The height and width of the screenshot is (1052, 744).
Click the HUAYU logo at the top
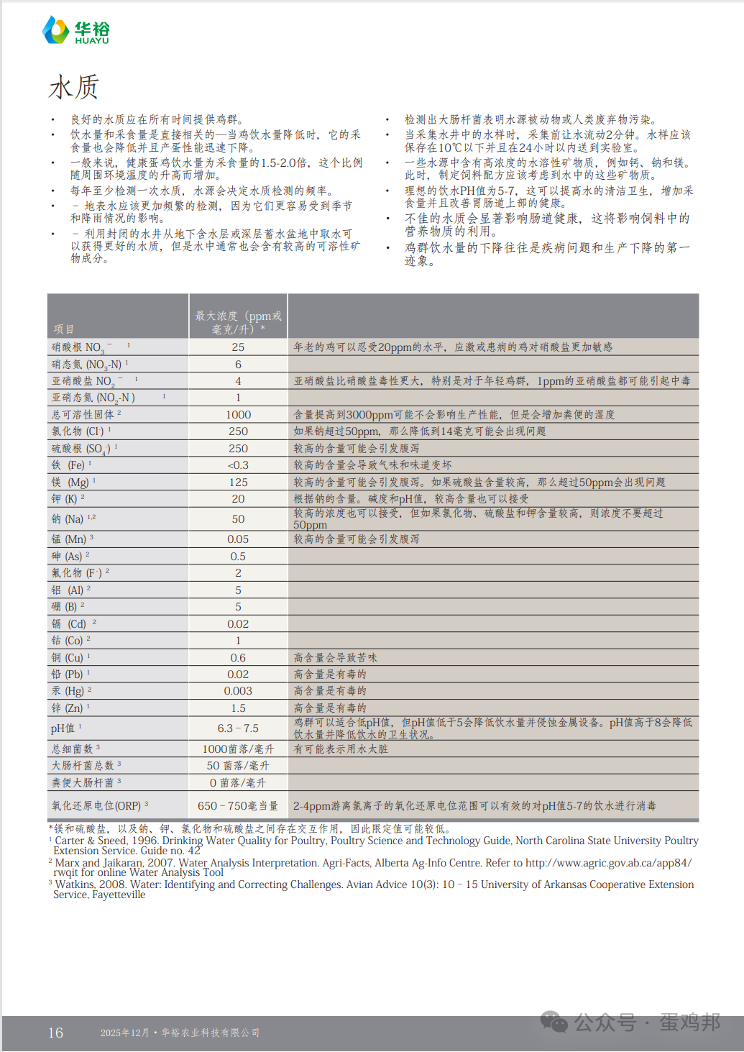coord(75,31)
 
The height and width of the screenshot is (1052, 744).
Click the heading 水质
coord(73,88)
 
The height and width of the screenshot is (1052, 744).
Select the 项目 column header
coord(63,329)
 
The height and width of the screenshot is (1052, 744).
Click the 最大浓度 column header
coord(238,322)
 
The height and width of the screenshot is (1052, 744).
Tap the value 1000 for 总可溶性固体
coord(238,415)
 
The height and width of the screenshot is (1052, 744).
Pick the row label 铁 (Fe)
coord(68,465)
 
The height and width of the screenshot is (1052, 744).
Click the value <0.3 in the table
coord(238,465)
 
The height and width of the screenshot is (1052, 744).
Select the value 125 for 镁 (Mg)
coord(238,482)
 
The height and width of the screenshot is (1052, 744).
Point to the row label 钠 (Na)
coord(68,518)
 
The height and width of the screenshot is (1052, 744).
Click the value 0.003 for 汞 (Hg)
coord(238,691)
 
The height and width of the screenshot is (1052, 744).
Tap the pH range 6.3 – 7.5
coord(238,728)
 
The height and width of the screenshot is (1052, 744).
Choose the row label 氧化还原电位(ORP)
coord(96,806)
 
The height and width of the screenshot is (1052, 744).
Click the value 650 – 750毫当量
coord(238,806)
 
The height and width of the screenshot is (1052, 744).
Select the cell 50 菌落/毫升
coord(238,766)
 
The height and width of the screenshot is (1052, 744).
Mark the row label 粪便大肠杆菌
coord(83,782)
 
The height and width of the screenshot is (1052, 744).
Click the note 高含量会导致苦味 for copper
coord(335,658)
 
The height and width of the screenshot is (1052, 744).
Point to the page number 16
coord(55,1033)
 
